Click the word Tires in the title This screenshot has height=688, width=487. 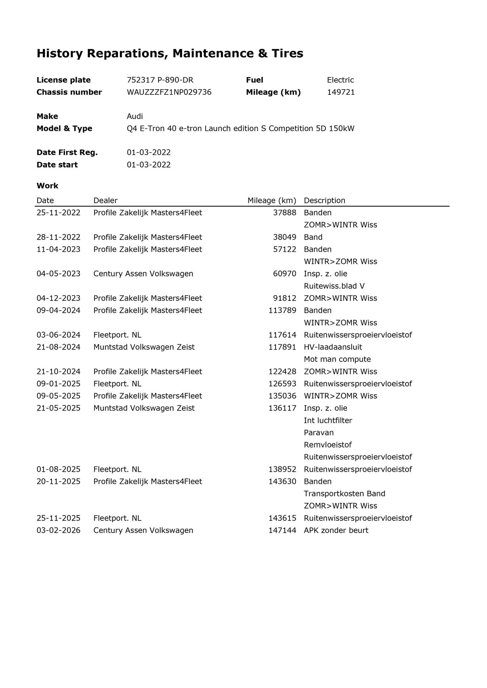(x=287, y=53)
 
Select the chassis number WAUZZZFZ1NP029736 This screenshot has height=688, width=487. (x=169, y=92)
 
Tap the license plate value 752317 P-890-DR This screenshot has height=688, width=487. (x=160, y=80)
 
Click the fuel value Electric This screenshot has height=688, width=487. (x=340, y=80)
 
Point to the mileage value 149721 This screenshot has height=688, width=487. (x=341, y=92)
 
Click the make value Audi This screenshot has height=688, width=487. (x=135, y=116)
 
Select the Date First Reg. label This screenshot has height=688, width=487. (x=67, y=152)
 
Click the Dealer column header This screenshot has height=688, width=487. (x=105, y=201)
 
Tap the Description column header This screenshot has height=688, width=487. (x=324, y=201)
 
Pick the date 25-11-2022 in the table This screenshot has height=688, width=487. (x=58, y=213)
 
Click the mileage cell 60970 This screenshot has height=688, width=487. (x=285, y=274)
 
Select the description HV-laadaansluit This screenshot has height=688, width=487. (x=333, y=347)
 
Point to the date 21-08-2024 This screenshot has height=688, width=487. (x=58, y=347)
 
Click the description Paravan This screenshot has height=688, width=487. (x=319, y=433)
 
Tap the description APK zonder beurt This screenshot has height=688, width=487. (x=336, y=531)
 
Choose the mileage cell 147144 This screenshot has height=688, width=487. (x=282, y=531)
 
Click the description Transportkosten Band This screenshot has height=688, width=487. (x=344, y=494)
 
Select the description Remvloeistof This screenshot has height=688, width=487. (x=328, y=445)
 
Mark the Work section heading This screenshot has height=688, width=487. (x=47, y=186)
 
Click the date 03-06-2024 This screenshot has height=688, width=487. (x=58, y=335)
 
